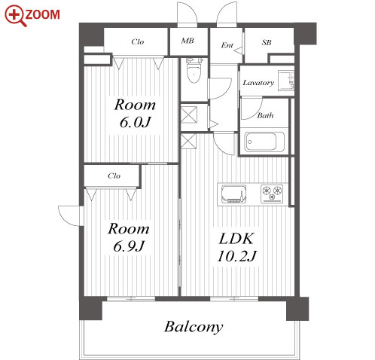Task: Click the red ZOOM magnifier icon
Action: click(x=15, y=16)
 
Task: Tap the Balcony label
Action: click(x=194, y=327)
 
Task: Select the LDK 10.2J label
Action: click(x=236, y=247)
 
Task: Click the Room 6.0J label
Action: click(x=135, y=113)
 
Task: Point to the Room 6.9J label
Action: click(x=129, y=237)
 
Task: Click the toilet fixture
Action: click(x=194, y=70)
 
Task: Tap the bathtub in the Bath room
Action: click(x=264, y=142)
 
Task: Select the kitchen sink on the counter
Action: click(x=233, y=194)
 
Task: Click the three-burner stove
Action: click(x=272, y=194)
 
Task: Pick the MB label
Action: click(x=187, y=41)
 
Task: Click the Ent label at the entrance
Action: click(x=227, y=45)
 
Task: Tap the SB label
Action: click(x=267, y=42)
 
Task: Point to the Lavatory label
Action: click(x=258, y=83)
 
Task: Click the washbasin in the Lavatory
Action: click(x=286, y=81)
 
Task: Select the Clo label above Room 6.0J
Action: click(x=138, y=41)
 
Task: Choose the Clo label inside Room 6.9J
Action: click(x=114, y=175)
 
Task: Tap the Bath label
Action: click(x=265, y=115)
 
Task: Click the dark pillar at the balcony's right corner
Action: click(x=297, y=309)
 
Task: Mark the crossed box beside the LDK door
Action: click(x=188, y=142)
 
